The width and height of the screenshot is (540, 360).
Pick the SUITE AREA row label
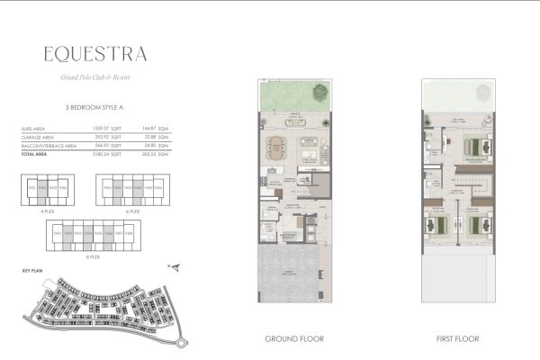(x=34, y=130)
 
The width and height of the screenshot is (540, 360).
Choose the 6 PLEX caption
(x=134, y=211)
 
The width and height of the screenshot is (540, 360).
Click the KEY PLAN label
(x=32, y=269)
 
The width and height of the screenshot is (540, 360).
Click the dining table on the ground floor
(x=275, y=144)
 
